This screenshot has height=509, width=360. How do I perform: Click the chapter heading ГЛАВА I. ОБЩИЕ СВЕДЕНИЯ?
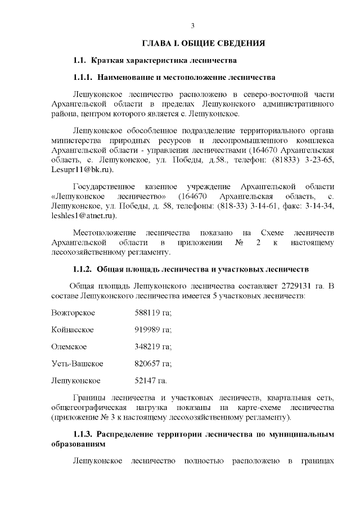click(203, 43)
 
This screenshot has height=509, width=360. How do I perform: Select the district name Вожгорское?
click(73, 313)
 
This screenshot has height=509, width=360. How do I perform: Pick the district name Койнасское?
click(72, 330)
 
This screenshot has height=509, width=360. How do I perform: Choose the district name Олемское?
click(69, 346)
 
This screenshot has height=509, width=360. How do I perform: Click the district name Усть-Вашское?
click(76, 363)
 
